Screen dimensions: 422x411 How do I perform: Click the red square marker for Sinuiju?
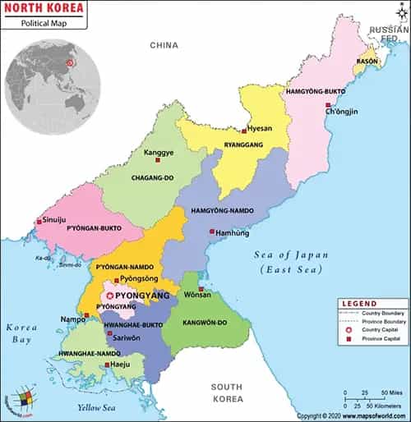tap(39, 221)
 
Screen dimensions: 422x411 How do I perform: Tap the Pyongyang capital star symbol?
tap(113, 295)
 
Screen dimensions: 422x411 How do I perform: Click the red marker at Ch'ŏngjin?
tap(329, 105)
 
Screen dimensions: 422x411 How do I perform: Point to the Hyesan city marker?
tap(244, 131)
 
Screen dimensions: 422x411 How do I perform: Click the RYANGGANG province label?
tap(245, 144)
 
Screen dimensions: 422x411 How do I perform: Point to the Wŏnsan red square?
tap(201, 288)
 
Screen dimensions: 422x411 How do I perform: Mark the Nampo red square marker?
tap(86, 314)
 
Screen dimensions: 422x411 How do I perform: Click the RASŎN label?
tap(367, 62)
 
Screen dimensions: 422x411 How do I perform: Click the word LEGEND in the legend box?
tap(359, 302)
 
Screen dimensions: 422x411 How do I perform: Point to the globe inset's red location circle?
tap(71, 61)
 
